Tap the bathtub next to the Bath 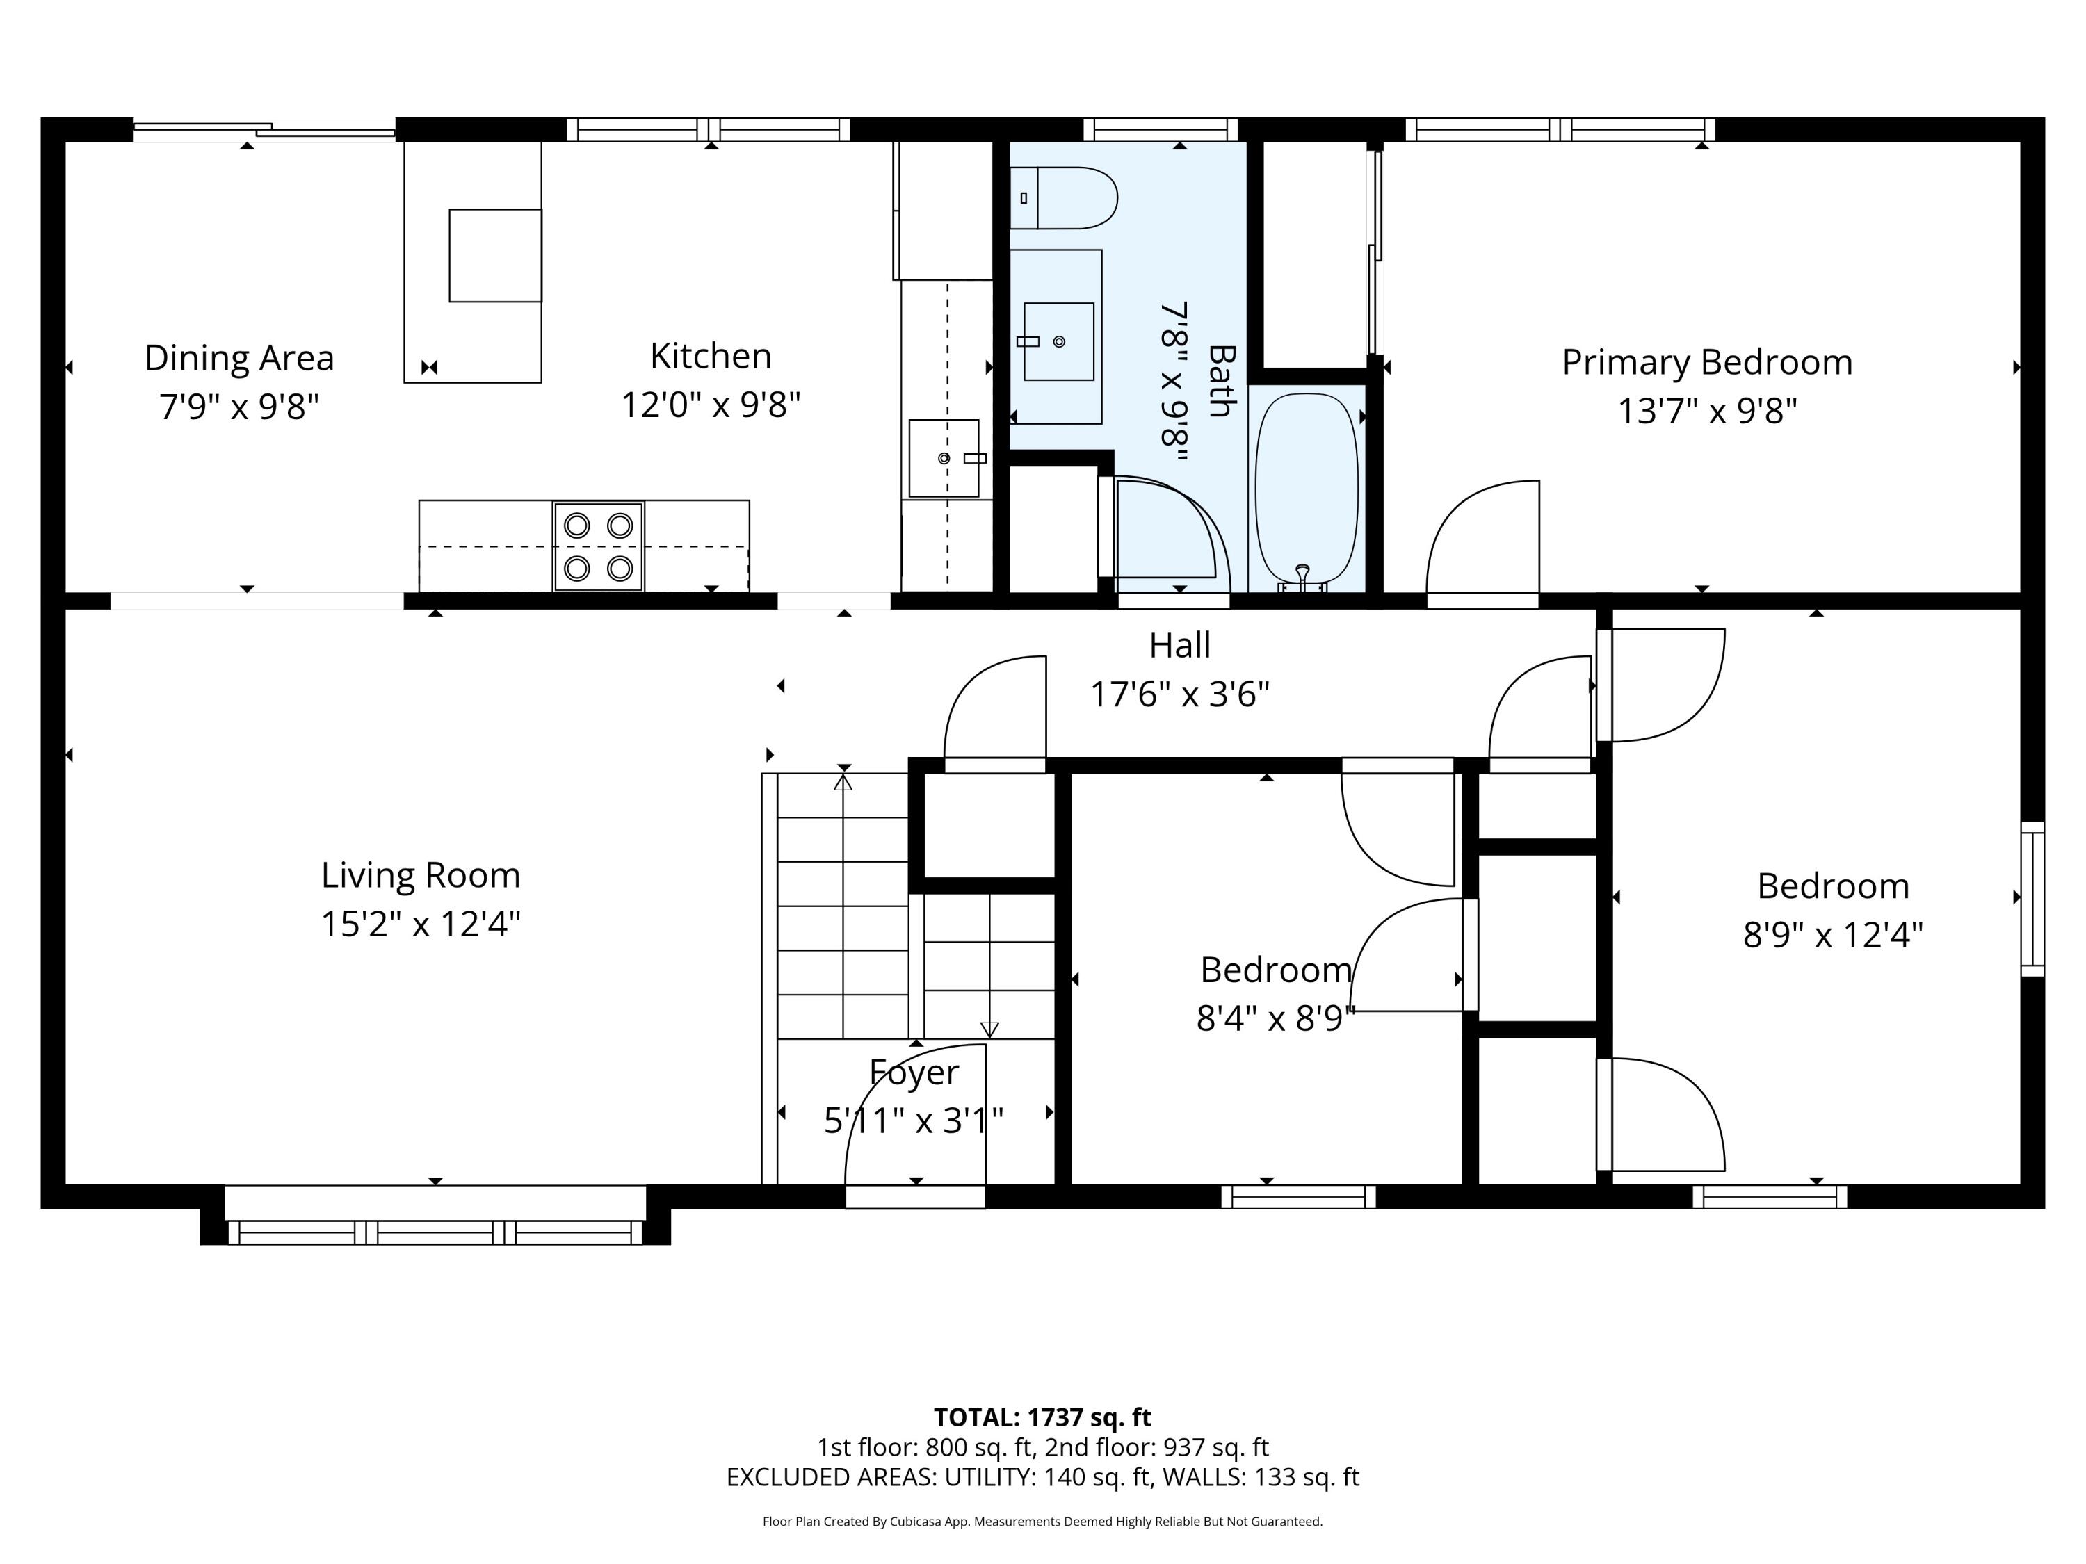pyautogui.click(x=1307, y=489)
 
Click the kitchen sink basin pyautogui.click(x=943, y=458)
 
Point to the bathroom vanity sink pyautogui.click(x=1058, y=341)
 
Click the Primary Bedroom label pyautogui.click(x=1707, y=362)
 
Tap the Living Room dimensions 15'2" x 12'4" pyautogui.click(x=421, y=924)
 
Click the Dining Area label pyautogui.click(x=239, y=358)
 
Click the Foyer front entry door pyautogui.click(x=915, y=1196)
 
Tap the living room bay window pyautogui.click(x=435, y=1231)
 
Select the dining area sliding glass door pyautogui.click(x=264, y=129)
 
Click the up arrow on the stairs pyautogui.click(x=843, y=783)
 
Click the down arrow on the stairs pyautogui.click(x=989, y=1029)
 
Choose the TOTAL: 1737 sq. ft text pyautogui.click(x=1042, y=1417)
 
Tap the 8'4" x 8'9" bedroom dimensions pyautogui.click(x=1275, y=1018)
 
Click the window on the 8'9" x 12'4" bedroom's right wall pyautogui.click(x=2032, y=898)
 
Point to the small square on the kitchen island pyautogui.click(x=495, y=256)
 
